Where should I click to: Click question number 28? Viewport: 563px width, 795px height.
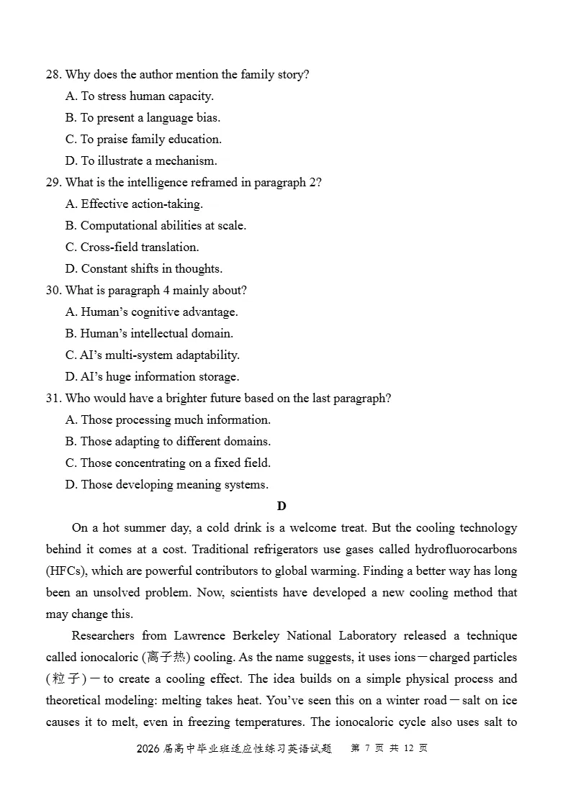click(x=53, y=75)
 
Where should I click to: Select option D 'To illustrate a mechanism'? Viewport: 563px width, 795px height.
click(x=141, y=161)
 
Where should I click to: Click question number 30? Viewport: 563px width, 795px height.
click(x=53, y=291)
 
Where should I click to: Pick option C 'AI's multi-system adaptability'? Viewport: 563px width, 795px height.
click(x=152, y=355)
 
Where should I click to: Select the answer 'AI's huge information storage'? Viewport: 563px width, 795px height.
click(x=152, y=377)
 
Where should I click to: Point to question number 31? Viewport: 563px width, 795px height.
click(x=53, y=399)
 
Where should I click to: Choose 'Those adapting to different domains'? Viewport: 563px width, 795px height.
click(x=168, y=442)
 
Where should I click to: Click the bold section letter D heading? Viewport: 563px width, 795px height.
click(x=281, y=506)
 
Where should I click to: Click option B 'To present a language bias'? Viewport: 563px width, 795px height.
click(x=143, y=118)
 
